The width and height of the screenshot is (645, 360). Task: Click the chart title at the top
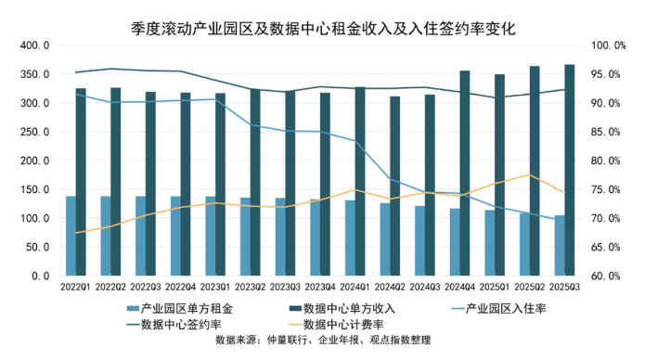click(323, 29)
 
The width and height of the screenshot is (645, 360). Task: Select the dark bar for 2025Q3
click(570, 170)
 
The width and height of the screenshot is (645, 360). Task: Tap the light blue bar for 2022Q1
click(71, 236)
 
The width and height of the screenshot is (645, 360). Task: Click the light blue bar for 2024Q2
click(385, 239)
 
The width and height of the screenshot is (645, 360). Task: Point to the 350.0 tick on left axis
click(35, 74)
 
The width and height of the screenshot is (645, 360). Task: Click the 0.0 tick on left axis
click(41, 276)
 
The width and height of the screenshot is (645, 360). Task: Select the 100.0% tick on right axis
click(609, 45)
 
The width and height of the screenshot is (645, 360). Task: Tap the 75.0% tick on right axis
click(605, 189)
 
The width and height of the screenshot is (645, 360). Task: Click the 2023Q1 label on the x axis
click(215, 287)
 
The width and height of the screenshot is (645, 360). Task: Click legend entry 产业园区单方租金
click(180, 308)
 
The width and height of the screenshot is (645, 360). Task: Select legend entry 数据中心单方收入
click(342, 308)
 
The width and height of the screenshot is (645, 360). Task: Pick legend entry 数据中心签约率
click(174, 324)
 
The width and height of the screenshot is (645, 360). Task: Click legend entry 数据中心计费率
click(337, 324)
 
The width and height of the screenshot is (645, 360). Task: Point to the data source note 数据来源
click(323, 340)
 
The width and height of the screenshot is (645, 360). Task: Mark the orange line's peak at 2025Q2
click(529, 174)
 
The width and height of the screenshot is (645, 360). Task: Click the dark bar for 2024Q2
click(395, 186)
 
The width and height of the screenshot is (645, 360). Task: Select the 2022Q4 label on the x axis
click(180, 287)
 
